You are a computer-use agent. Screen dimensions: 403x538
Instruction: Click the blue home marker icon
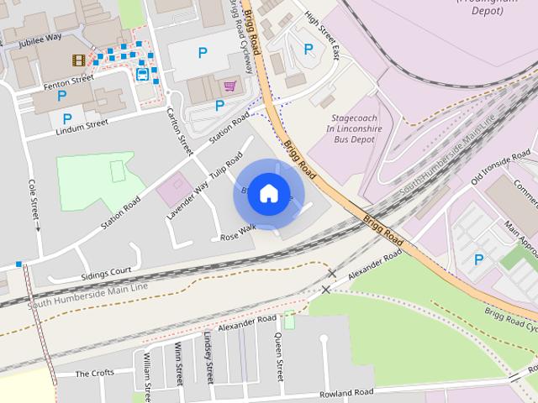coord(268,193)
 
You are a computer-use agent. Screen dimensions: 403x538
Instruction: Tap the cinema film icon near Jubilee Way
coord(78,60)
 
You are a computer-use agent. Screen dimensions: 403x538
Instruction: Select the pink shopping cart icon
coord(229,86)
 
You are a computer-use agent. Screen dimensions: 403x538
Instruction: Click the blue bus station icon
coord(142,75)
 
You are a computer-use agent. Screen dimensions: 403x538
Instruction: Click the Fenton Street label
coord(68,79)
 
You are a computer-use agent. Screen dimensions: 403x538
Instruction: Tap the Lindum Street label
coord(82,123)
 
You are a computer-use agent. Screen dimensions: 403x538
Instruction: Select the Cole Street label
coord(34,198)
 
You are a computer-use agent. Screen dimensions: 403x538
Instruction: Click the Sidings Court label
coord(106,272)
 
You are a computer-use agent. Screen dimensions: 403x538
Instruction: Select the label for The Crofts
coord(94,373)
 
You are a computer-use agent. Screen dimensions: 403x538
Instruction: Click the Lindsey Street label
coord(209,356)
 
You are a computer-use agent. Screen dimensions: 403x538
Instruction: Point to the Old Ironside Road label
coord(501,168)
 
